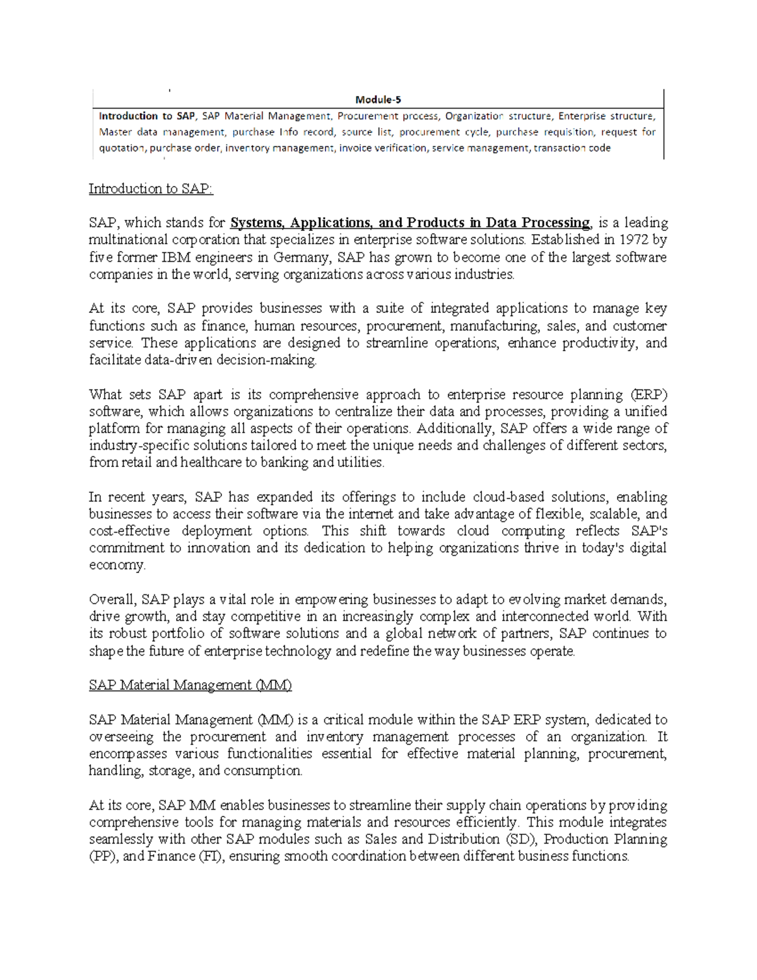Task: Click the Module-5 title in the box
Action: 378,99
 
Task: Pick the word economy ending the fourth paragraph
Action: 117,565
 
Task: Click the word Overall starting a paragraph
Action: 112,599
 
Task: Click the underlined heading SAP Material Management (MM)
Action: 191,685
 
